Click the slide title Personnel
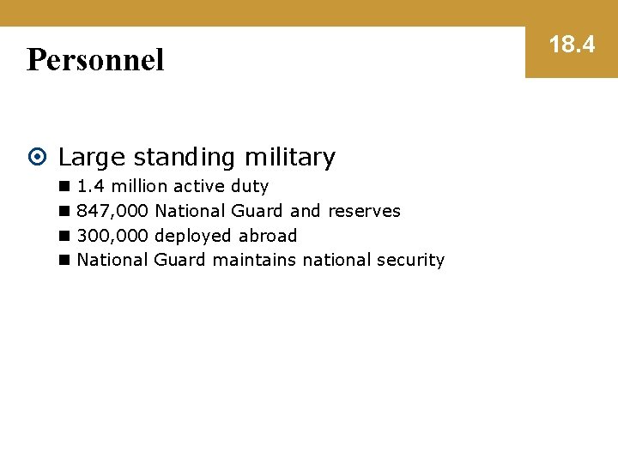point(95,60)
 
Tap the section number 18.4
point(572,45)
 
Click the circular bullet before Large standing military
point(38,158)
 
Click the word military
point(290,158)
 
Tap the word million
point(140,186)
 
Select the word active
point(199,186)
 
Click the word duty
point(250,186)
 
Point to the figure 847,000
point(112,211)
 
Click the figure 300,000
point(112,236)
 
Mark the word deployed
point(193,236)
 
